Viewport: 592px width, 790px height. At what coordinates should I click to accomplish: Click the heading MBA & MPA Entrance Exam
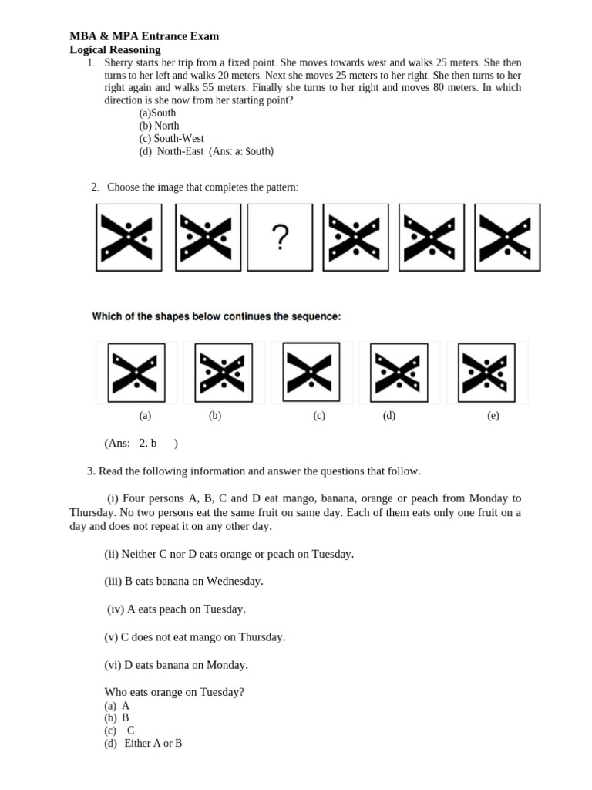click(144, 36)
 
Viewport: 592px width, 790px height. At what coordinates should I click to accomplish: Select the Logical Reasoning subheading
click(115, 49)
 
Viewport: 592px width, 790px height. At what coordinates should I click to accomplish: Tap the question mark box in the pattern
click(281, 238)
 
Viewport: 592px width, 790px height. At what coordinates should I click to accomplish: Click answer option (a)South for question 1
click(157, 113)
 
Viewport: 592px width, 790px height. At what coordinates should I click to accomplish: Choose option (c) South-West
click(171, 139)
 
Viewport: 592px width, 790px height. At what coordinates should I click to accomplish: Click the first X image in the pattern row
click(128, 238)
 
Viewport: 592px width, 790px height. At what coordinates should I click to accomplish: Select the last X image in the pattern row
click(506, 238)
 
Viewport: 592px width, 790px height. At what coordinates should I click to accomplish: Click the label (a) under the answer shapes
click(145, 416)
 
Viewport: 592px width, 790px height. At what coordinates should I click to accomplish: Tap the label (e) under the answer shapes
click(493, 416)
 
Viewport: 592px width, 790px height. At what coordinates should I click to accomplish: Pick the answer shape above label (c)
click(312, 371)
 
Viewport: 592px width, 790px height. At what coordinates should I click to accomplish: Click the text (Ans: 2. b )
click(141, 444)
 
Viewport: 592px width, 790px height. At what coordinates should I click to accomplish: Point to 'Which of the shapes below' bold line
click(216, 316)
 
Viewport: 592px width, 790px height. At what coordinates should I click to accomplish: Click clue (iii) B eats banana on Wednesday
click(183, 582)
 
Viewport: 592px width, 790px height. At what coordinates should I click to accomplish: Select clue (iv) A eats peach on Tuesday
click(177, 609)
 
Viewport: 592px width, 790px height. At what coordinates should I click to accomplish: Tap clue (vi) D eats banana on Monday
click(176, 665)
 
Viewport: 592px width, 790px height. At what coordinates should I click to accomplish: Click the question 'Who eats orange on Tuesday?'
click(174, 692)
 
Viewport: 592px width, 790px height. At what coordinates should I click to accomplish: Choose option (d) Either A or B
click(143, 744)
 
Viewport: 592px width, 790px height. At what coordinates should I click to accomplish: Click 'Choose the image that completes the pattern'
click(203, 187)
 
